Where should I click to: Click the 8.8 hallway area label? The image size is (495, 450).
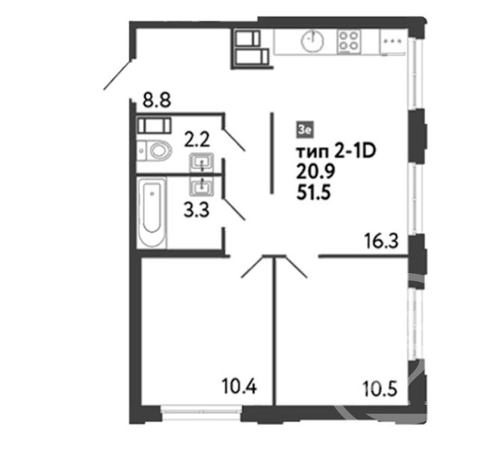pos(157,100)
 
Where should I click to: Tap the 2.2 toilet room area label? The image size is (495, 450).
pos(197,139)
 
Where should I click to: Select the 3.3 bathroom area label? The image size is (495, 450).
pos(196,210)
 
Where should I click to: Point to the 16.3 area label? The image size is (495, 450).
pos(381,241)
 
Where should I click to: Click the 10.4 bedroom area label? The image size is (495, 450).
pos(240,386)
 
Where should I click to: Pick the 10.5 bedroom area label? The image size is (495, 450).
pos(380,388)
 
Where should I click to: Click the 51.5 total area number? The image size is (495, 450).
pos(314,192)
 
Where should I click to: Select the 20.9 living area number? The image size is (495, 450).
pos(315,172)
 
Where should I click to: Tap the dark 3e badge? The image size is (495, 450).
pos(305,130)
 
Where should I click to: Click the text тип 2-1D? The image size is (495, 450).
pos(336,151)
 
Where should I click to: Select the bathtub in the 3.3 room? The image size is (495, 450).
pos(152,211)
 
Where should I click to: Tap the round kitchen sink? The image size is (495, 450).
pos(312,40)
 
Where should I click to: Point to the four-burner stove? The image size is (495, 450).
pos(349,41)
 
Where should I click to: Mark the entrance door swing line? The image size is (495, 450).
pos(118,75)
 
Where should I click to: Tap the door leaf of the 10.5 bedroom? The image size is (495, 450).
pos(296,267)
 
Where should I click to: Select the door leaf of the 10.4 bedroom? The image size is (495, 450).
pos(252,267)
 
